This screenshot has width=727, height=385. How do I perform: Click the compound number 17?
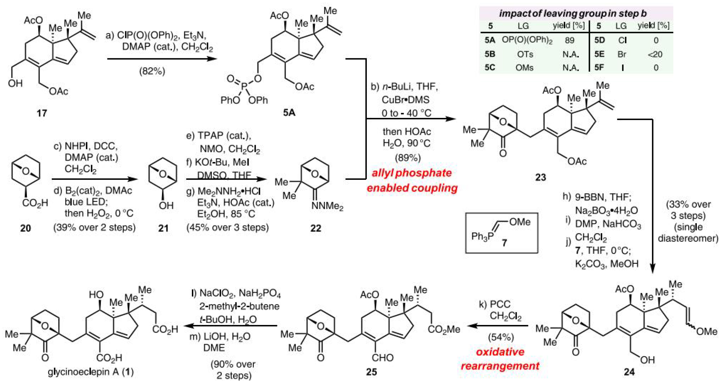point(42,113)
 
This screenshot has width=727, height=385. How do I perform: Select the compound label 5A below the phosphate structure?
point(289,112)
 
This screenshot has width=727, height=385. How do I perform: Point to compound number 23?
point(540,177)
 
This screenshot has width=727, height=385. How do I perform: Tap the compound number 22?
point(315,228)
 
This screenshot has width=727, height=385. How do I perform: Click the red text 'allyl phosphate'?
point(411,173)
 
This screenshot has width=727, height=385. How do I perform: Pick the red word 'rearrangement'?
point(500,366)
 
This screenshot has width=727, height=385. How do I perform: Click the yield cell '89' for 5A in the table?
point(569,40)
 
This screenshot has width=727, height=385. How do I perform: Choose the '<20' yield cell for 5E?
point(655,54)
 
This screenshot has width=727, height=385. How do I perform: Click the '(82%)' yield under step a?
point(152,71)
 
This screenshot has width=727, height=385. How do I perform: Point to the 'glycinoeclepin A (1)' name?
point(91,371)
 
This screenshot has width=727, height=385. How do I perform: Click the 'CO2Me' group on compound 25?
point(444,329)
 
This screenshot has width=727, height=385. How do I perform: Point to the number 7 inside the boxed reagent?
point(504,243)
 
